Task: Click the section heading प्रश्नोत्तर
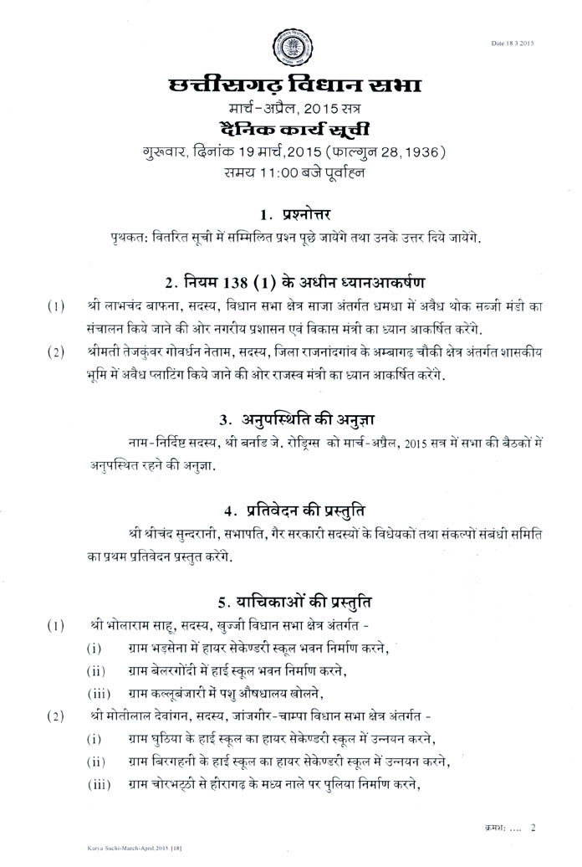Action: pyautogui.click(x=307, y=214)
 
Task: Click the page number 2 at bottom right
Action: pyautogui.click(x=533, y=827)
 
